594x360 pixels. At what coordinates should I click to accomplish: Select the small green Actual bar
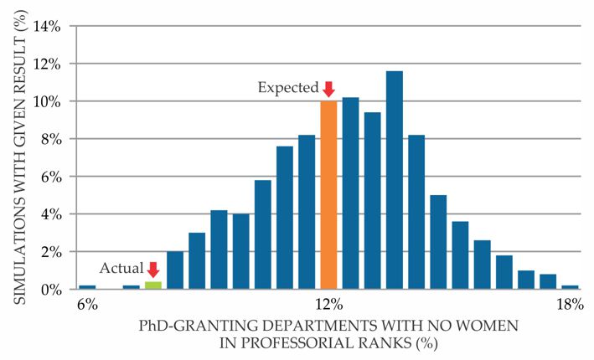(x=153, y=285)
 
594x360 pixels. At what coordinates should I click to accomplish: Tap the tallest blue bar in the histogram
(x=394, y=180)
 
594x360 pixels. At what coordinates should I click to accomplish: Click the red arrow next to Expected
(x=328, y=88)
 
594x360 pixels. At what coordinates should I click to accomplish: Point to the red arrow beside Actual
(x=152, y=269)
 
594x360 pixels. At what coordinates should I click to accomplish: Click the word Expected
(x=288, y=88)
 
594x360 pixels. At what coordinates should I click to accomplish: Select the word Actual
(x=121, y=269)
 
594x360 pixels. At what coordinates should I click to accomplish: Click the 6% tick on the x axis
(x=87, y=305)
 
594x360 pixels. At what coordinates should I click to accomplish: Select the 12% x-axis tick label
(x=328, y=305)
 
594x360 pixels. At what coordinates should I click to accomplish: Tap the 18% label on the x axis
(x=569, y=305)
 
